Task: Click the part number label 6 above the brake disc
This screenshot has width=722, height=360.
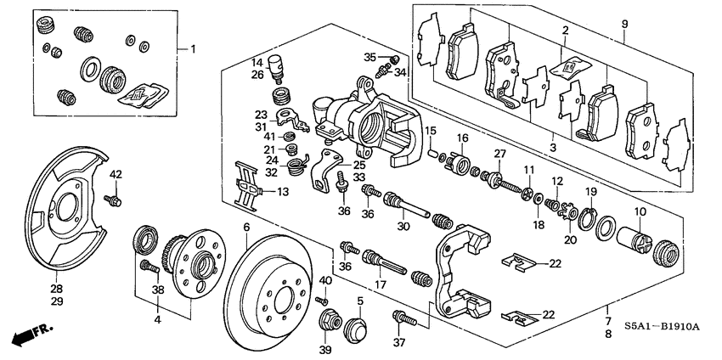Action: pos(246,228)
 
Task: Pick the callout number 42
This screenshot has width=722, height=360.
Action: pos(117,175)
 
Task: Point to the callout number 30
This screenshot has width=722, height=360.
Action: pos(403,226)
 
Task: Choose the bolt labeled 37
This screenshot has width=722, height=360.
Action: pos(403,320)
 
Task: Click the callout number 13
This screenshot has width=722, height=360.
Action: pos(283,193)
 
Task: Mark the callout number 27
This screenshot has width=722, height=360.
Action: pos(500,154)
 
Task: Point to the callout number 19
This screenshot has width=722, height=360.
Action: pos(590,192)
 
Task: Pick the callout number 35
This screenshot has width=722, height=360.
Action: pos(369,57)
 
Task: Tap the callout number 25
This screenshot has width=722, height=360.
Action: pos(359,164)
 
